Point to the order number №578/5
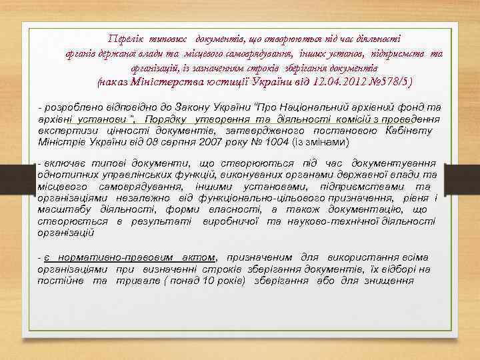[x=361, y=83]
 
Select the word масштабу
[x=62, y=209]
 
